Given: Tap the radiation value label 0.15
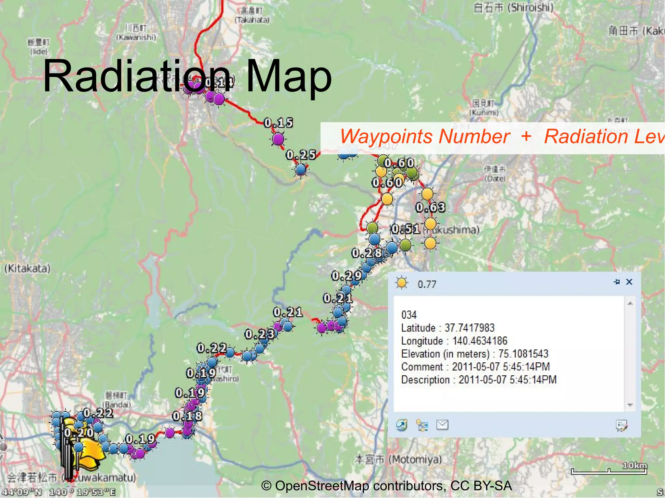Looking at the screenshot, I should click(278, 123).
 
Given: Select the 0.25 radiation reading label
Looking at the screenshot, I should click(301, 155).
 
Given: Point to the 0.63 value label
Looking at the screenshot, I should click(430, 207).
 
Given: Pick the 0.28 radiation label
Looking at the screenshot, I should click(367, 253).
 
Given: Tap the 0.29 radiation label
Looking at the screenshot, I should click(346, 276).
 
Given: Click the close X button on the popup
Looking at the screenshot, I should click(629, 282).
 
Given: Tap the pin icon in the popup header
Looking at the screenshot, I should click(617, 282).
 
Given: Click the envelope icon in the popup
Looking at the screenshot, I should click(442, 425).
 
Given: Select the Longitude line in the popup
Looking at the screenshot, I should click(454, 341).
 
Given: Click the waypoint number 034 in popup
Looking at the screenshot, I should click(409, 315).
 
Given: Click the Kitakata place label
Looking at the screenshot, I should click(27, 269).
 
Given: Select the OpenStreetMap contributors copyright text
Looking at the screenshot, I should click(386, 486).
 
